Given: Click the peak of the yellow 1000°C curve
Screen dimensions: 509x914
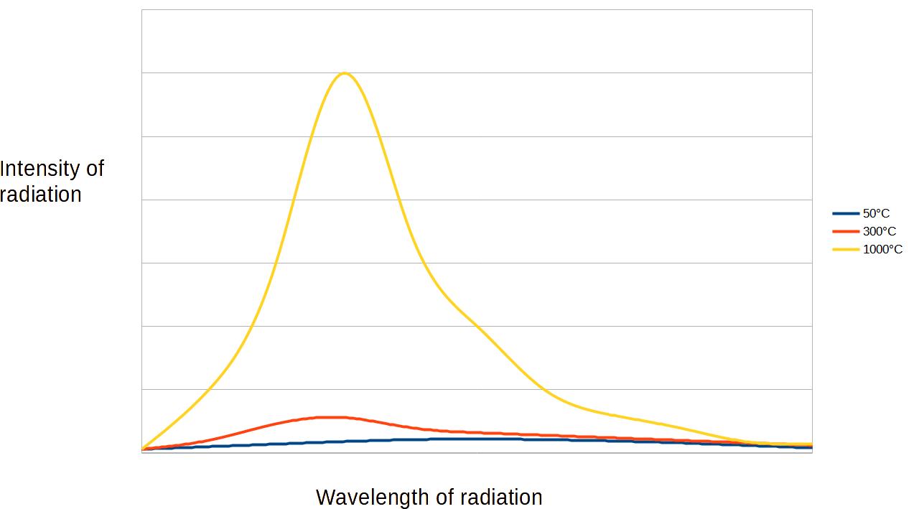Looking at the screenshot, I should point(345,73).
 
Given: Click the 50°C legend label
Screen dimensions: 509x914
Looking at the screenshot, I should point(876,213).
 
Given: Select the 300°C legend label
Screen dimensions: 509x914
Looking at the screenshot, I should point(879,231).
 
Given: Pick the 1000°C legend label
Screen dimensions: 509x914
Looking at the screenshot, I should point(882,249).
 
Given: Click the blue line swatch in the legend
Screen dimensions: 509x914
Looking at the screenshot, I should point(846,213).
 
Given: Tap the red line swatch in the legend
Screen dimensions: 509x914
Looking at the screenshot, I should point(846,231).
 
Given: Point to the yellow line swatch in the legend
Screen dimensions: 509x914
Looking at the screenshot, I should point(846,249).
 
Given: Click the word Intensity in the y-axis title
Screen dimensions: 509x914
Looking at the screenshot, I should point(40,169).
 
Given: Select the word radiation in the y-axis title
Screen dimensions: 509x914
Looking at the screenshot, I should point(40,195).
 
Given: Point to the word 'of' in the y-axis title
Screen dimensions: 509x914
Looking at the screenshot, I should point(95,169).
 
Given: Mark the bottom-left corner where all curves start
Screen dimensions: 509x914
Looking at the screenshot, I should point(142,450).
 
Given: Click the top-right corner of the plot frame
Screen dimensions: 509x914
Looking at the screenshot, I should point(812,9).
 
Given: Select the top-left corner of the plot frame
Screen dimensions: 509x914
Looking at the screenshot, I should point(142,9).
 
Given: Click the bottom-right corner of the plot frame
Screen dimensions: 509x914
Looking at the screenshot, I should point(812,452).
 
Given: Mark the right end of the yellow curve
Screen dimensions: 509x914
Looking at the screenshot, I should point(811,444).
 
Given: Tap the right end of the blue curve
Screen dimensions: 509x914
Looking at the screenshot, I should point(811,447).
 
